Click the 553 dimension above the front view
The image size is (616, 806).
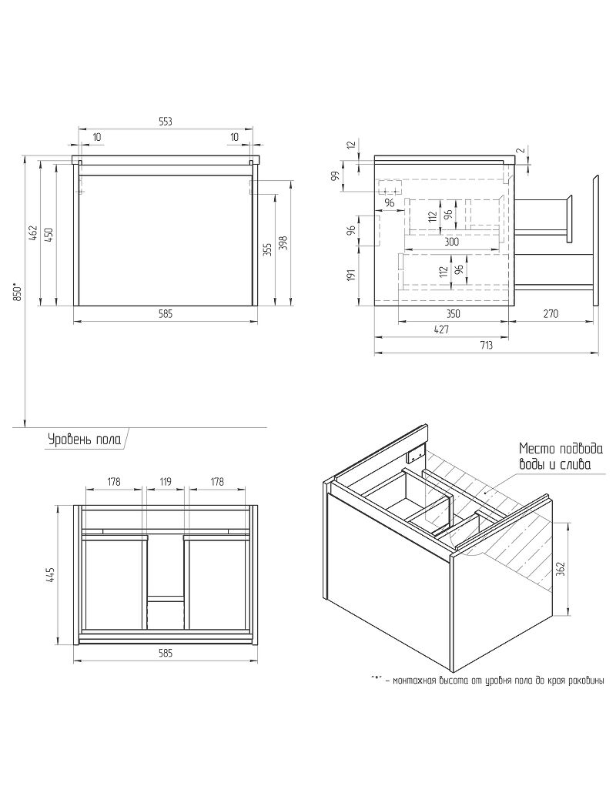pyautogui.click(x=165, y=121)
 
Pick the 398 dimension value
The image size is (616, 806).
pyautogui.click(x=283, y=243)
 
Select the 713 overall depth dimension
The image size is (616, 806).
pyautogui.click(x=487, y=346)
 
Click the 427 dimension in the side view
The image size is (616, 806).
pyautogui.click(x=440, y=329)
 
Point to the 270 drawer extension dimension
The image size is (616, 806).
pyautogui.click(x=551, y=313)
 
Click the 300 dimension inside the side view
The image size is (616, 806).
pyautogui.click(x=452, y=242)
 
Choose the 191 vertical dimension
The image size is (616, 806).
pyautogui.click(x=352, y=275)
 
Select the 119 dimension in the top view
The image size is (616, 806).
pyautogui.click(x=165, y=482)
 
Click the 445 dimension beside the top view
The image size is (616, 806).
pyautogui.click(x=49, y=574)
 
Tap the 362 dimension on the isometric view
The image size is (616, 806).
pyautogui.click(x=563, y=570)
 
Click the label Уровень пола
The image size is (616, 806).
pyautogui.click(x=84, y=440)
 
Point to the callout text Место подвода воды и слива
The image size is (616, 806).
pyautogui.click(x=554, y=456)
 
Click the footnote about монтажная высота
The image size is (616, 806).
pyautogui.click(x=487, y=681)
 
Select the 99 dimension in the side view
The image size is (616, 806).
pyautogui.click(x=335, y=176)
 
